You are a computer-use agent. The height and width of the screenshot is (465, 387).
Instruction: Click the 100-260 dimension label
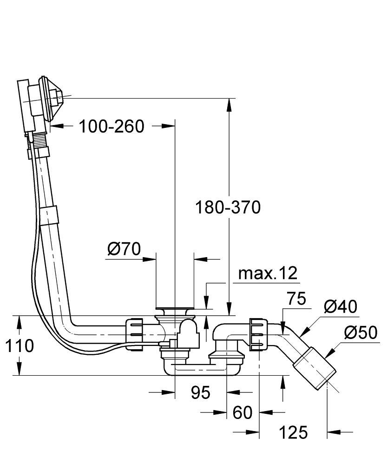coord(111,126)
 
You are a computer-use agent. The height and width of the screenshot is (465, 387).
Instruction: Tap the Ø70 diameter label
coord(124,249)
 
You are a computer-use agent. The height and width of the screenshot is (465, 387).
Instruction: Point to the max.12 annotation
coord(267,273)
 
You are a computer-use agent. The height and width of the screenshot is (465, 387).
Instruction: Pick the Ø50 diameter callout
coord(360,333)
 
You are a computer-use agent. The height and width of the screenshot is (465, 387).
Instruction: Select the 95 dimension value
coord(201,393)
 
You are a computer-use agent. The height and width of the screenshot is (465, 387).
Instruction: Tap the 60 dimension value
coord(242,412)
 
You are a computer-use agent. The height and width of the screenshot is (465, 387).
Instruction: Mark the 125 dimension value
coord(293,433)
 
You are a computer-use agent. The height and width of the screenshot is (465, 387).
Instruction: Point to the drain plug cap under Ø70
coord(175,309)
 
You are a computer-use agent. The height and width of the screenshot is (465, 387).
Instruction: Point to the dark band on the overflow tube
coord(49,215)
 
